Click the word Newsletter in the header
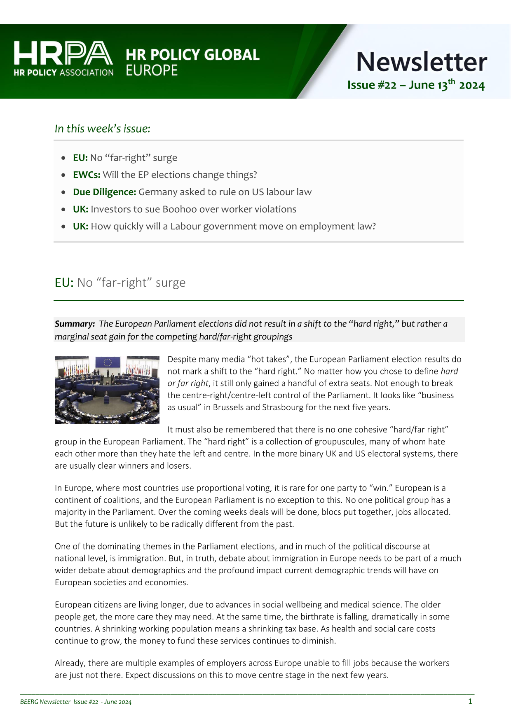[421, 62]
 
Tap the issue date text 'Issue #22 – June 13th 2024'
[416, 85]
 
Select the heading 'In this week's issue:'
[103, 129]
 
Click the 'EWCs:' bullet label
[87, 175]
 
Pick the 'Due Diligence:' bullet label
[104, 192]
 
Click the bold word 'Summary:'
[75, 324]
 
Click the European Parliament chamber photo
[107, 390]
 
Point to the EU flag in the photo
[108, 362]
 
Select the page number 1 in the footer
[470, 701]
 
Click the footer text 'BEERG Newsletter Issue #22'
[59, 702]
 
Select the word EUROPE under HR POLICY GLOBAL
[152, 71]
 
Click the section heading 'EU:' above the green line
[64, 283]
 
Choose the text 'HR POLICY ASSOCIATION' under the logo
[63, 72]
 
